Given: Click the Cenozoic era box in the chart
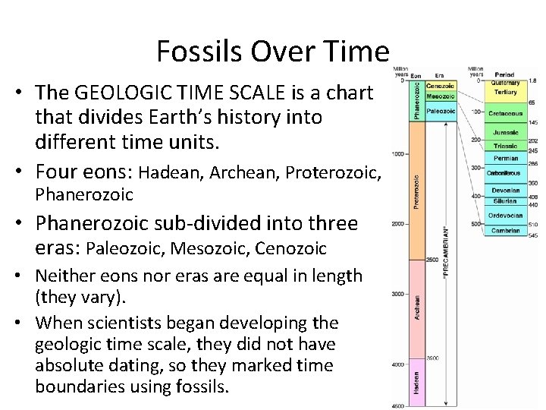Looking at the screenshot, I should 441,85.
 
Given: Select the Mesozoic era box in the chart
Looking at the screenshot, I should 441,97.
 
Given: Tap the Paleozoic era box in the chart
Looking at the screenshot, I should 441,111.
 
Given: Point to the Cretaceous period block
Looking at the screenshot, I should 505,113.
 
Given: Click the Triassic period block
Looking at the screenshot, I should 505,146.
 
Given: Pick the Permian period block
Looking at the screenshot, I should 505,159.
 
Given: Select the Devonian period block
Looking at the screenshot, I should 505,191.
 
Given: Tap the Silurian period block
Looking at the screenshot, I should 505,201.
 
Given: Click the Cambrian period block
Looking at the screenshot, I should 505,230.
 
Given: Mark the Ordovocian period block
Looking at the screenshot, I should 505,216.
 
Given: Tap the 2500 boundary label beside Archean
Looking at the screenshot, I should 433,259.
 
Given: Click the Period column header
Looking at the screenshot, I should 505,74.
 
